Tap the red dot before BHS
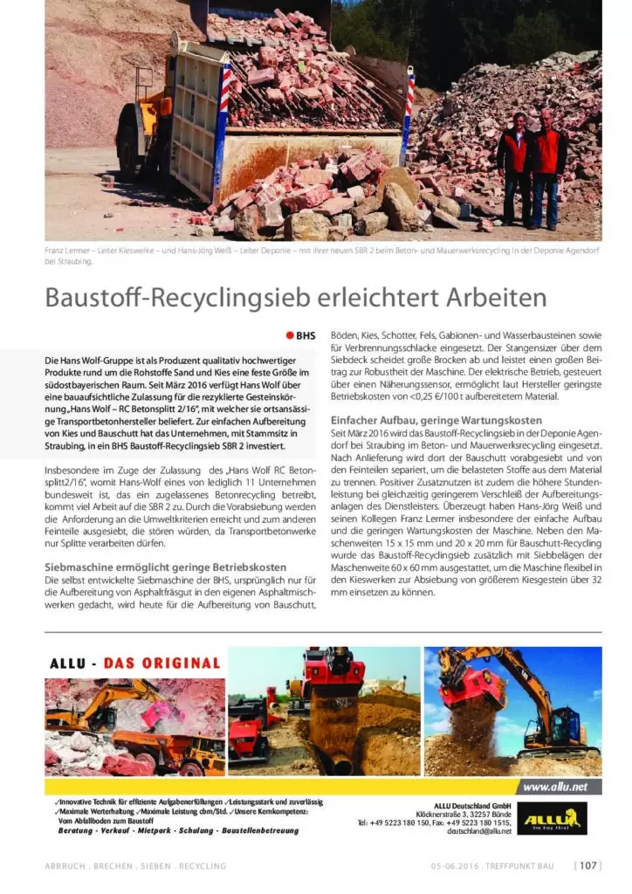[x=290, y=335]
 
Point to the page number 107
[x=587, y=865]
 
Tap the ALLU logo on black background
[x=552, y=819]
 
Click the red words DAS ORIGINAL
[x=161, y=664]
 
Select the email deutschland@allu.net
[x=478, y=831]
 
